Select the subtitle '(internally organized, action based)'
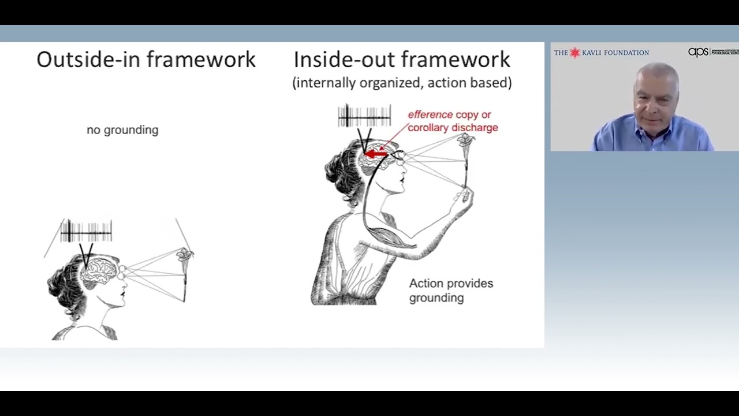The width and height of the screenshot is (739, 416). (402, 83)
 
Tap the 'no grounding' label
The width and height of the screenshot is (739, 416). (122, 130)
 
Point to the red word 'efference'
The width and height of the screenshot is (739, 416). (430, 115)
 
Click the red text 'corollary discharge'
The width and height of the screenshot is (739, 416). (453, 128)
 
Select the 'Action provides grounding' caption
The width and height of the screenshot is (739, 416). (450, 291)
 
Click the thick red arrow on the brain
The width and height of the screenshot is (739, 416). (376, 154)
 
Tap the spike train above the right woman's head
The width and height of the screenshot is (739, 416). (364, 116)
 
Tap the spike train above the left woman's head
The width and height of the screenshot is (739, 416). (86, 232)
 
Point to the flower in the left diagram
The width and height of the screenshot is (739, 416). (185, 255)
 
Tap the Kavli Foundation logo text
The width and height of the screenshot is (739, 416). (602, 53)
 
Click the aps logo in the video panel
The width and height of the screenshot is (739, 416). (698, 52)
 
